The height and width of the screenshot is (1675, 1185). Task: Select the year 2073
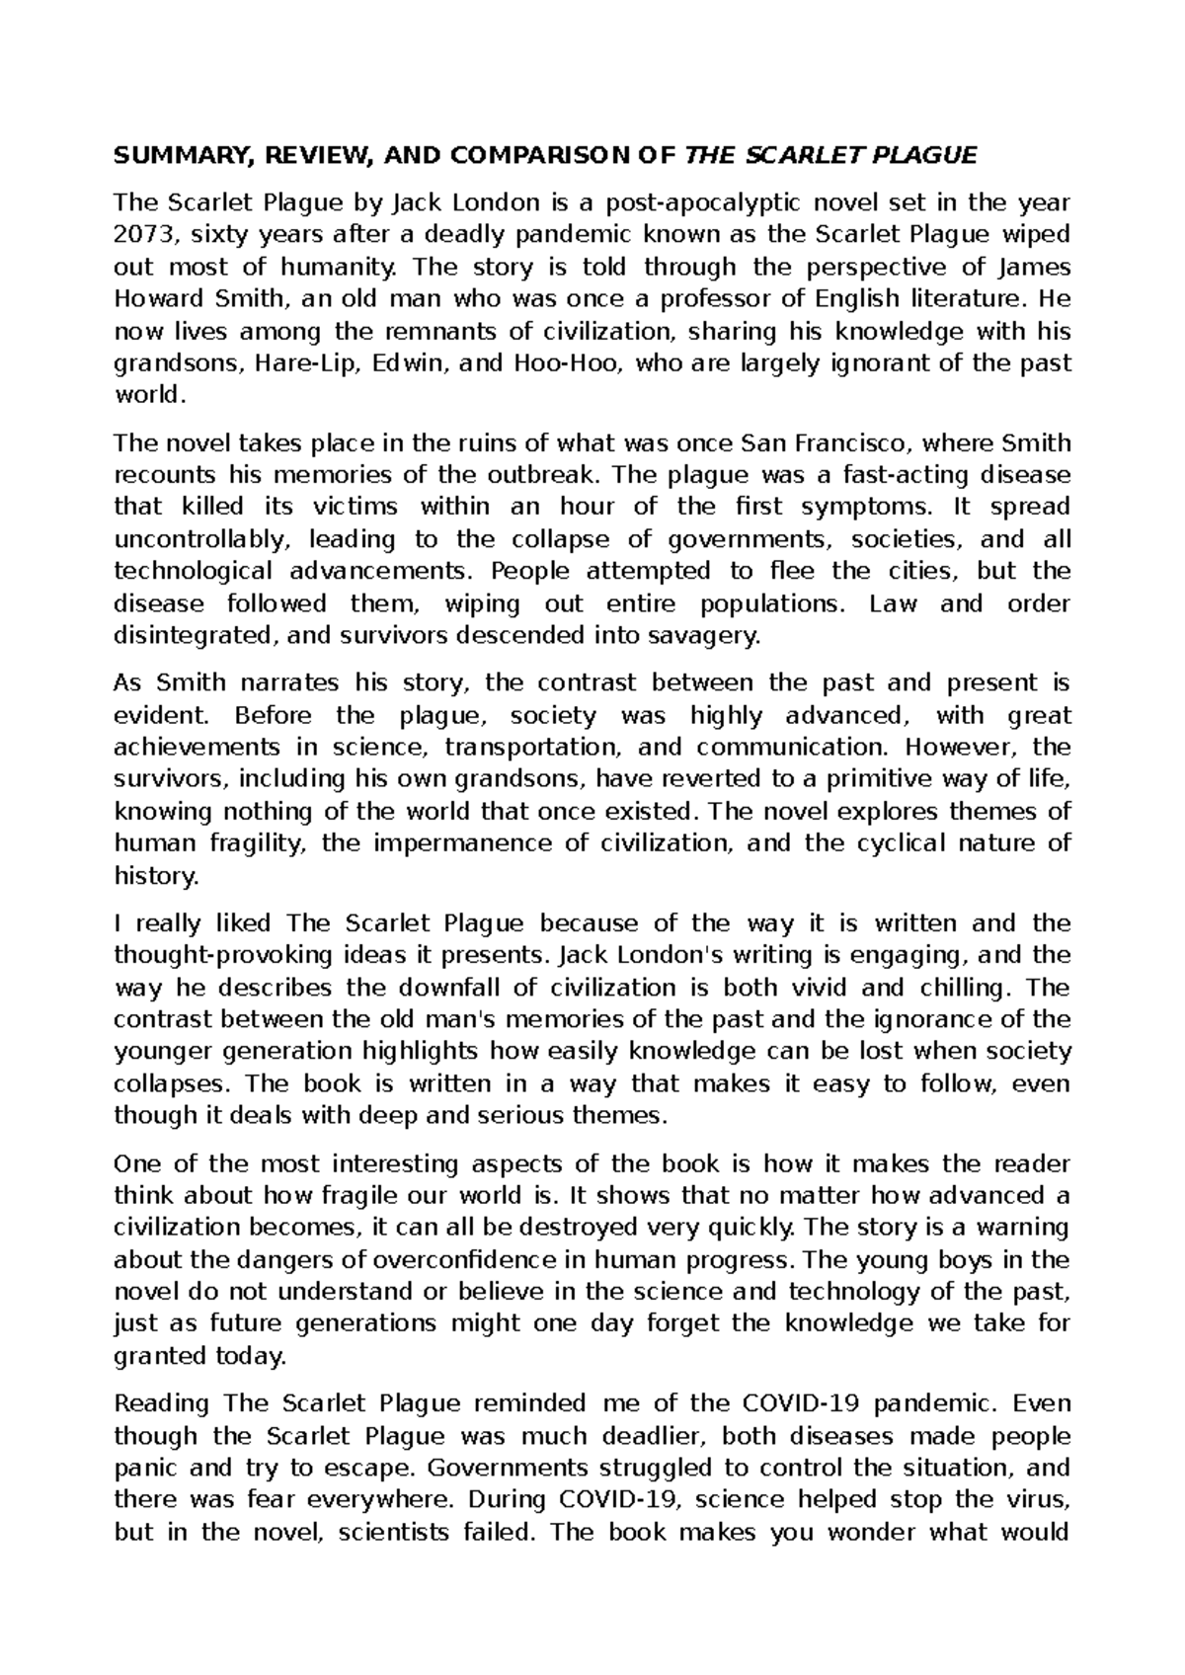[x=146, y=235]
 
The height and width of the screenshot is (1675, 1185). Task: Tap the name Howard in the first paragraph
[x=155, y=299]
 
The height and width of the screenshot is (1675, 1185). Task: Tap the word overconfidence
[x=391, y=1260]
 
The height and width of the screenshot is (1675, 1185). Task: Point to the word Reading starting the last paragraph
[x=162, y=1404]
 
